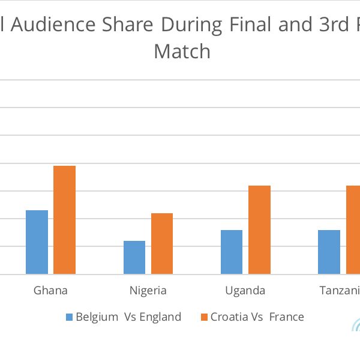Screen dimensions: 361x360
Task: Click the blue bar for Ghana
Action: (x=37, y=242)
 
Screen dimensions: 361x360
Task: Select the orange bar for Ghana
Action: (x=65, y=220)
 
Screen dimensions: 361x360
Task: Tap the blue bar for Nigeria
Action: (x=134, y=258)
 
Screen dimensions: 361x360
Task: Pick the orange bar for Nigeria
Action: (x=162, y=244)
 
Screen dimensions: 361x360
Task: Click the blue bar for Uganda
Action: (x=232, y=252)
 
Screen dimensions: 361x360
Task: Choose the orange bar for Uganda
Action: (x=259, y=230)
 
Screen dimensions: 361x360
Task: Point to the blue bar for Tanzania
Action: (x=329, y=252)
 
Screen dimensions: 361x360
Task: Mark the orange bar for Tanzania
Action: (x=353, y=230)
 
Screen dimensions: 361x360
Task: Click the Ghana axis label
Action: (x=50, y=291)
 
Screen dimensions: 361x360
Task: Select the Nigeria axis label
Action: (x=148, y=291)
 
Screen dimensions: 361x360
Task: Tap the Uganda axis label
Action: (x=245, y=291)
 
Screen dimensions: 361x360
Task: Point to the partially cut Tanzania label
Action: (x=340, y=291)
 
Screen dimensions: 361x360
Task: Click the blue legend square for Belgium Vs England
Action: (x=68, y=317)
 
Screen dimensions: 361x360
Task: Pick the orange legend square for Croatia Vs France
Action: (x=203, y=317)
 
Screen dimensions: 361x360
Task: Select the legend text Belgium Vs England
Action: (x=128, y=317)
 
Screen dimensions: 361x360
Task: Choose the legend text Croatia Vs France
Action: (x=257, y=317)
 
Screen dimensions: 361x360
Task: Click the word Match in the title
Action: (x=182, y=52)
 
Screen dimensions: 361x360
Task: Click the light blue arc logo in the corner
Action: (x=355, y=326)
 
